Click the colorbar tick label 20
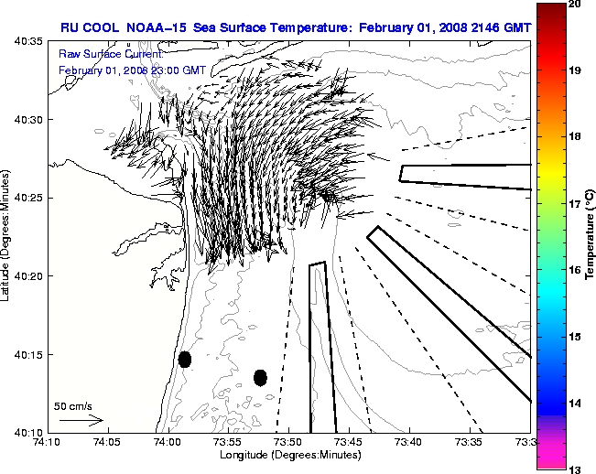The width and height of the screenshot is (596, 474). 575,5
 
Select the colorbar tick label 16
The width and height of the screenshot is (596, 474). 575,270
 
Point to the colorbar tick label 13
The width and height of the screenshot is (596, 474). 575,469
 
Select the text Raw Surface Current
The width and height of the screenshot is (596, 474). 101,54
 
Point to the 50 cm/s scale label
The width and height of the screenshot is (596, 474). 73,405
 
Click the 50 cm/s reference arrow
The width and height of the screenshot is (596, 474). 81,420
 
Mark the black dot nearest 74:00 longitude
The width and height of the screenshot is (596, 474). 185,359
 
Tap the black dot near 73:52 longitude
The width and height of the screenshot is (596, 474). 260,377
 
